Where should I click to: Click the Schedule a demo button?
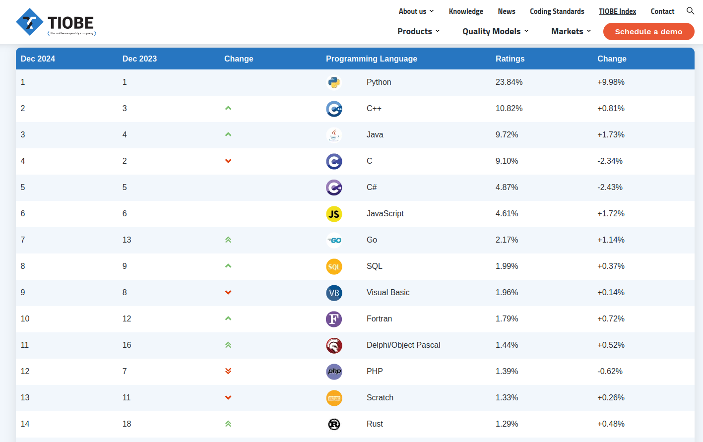tap(648, 32)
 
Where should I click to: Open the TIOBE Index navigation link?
tap(617, 11)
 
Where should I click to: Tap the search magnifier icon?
tap(690, 11)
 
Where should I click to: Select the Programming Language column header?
tap(371, 59)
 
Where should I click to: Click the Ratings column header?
tap(510, 59)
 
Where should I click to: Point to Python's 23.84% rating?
tap(509, 82)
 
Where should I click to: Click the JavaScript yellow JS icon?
tap(334, 214)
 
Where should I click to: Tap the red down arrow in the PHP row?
tap(228, 371)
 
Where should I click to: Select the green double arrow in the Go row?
tap(228, 240)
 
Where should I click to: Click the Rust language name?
tap(375, 424)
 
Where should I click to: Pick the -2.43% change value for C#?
tap(610, 188)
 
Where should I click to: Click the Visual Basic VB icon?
tap(334, 293)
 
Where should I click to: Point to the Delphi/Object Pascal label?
tap(403, 345)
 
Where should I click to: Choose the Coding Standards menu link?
tap(557, 11)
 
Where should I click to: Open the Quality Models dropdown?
tap(495, 31)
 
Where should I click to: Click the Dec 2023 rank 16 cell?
tap(127, 345)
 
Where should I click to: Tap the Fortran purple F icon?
tap(334, 319)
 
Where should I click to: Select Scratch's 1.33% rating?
tap(507, 398)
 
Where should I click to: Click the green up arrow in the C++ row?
tap(228, 108)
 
